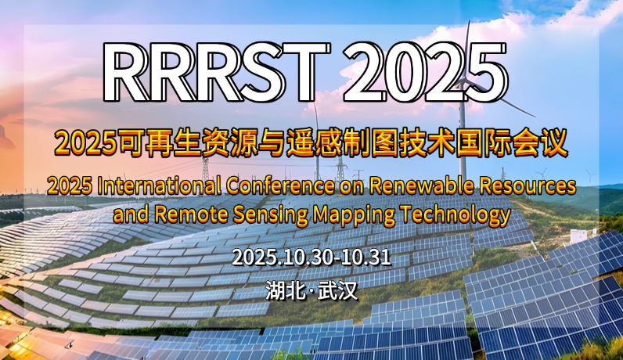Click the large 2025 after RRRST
coord(425,72)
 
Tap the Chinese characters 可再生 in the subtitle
coord(158,143)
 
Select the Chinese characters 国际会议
coord(512,143)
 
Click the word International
coord(159,186)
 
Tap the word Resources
coord(528,186)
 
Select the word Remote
coord(191,214)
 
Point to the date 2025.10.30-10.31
coord(311,257)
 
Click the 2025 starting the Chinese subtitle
coord(85,144)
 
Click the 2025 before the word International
coord(70,187)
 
